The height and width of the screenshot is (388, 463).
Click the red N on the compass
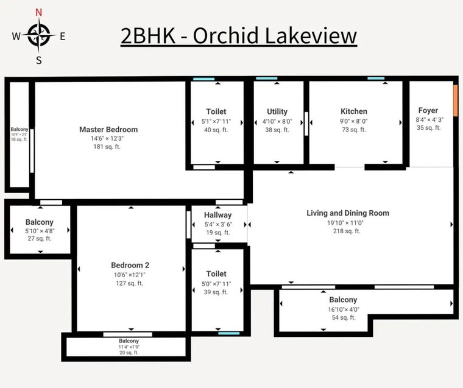tap(39, 13)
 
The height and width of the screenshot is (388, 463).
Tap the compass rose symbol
tap(38, 35)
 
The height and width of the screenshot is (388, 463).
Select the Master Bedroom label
tap(108, 129)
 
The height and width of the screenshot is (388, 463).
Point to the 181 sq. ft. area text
tap(108, 147)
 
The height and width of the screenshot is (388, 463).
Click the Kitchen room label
tap(353, 111)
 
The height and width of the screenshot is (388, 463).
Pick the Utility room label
tap(277, 111)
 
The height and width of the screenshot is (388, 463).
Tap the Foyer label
tap(428, 111)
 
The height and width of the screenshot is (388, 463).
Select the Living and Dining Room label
tap(347, 213)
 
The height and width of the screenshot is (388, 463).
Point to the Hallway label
tap(218, 215)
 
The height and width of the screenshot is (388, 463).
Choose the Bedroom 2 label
tap(130, 265)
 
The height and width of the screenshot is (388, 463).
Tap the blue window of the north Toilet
tap(203, 79)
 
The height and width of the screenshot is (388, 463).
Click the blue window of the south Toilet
tap(228, 333)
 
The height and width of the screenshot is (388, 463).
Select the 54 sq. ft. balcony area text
tap(343, 318)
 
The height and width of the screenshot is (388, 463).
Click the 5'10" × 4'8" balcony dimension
tap(40, 231)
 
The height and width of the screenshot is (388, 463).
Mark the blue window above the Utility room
tap(266, 79)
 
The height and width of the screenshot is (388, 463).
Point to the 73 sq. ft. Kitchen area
tap(353, 129)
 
